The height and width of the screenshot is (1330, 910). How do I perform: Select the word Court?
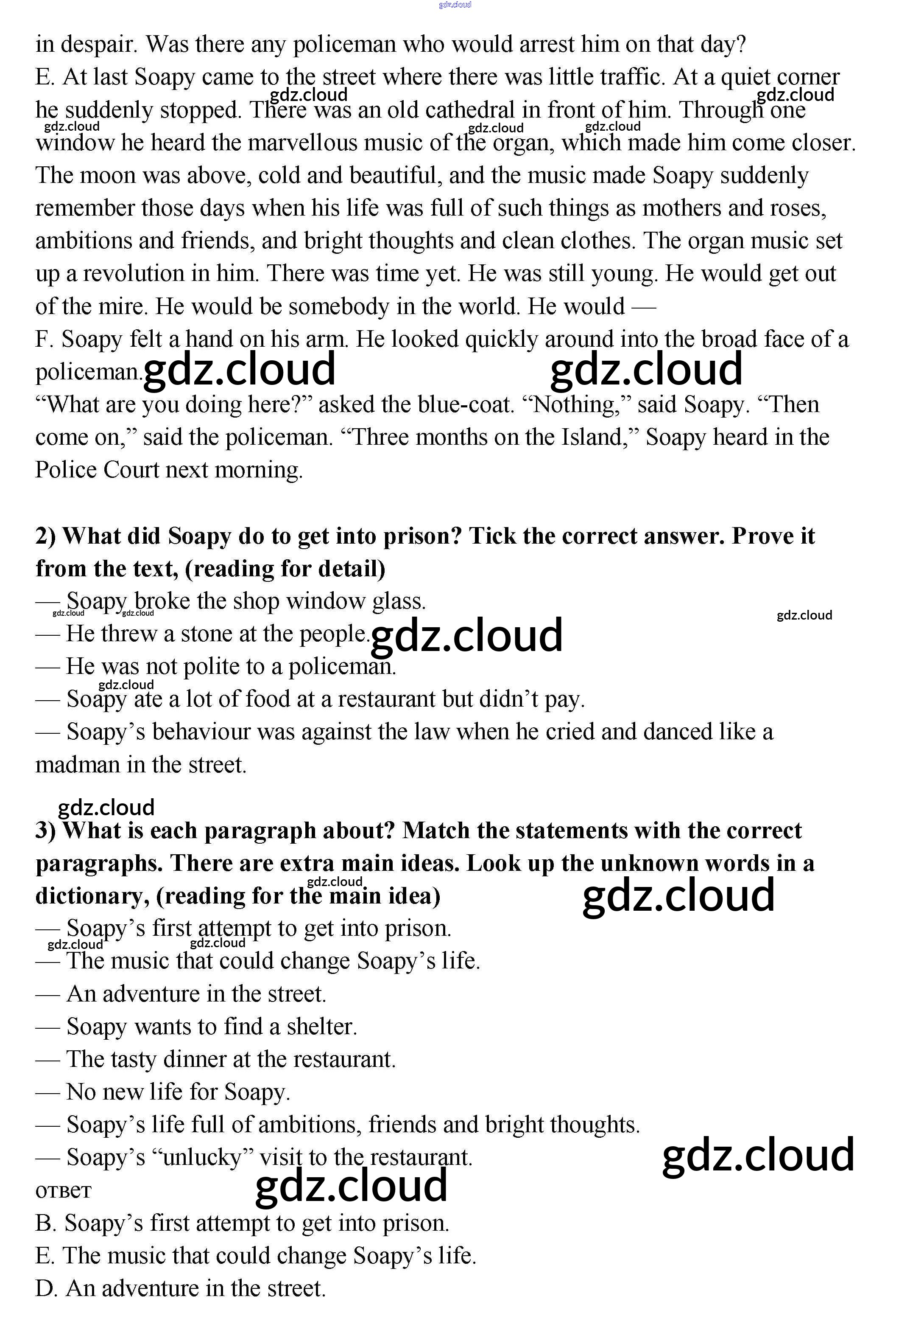point(131,470)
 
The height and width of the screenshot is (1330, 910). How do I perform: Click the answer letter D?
point(46,1288)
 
